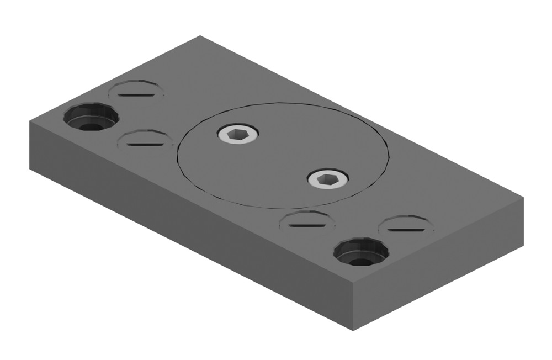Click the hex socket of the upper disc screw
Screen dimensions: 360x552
(238, 134)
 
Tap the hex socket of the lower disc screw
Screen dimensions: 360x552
(328, 179)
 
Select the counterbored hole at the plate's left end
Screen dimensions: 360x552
(91, 118)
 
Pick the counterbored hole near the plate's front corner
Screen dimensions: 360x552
(361, 252)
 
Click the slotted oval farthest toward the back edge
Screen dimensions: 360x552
(136, 91)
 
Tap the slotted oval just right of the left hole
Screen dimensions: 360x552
(145, 140)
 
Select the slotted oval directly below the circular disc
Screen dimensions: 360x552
(307, 221)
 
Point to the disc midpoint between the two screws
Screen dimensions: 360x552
(283, 156)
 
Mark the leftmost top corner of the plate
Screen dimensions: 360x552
(30, 121)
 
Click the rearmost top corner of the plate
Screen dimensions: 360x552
(200, 36)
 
